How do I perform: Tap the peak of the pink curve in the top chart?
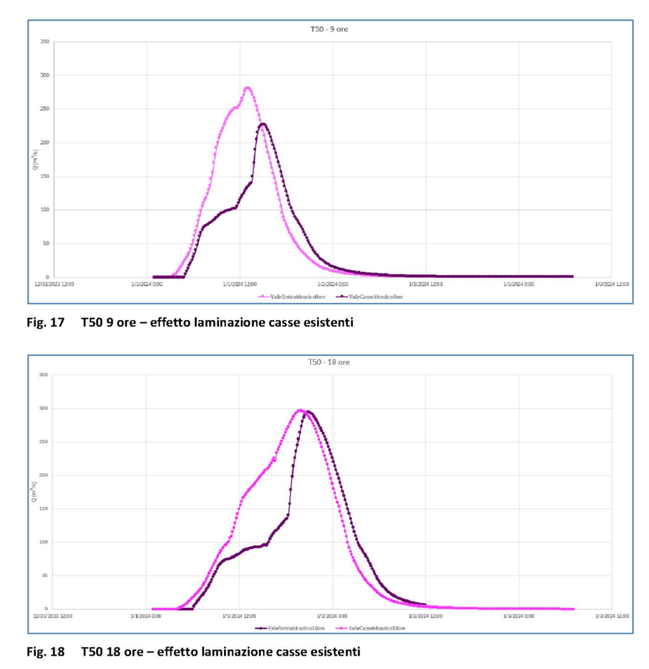(247, 87)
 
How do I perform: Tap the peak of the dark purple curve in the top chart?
(263, 124)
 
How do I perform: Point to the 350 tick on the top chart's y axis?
(44, 42)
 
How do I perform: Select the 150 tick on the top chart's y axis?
(44, 176)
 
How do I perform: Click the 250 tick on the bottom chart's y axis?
(44, 442)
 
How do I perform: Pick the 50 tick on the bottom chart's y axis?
(44, 575)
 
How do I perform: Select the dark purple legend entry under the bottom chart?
(289, 627)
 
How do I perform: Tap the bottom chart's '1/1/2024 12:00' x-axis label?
(238, 616)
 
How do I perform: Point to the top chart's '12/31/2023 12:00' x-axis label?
(54, 284)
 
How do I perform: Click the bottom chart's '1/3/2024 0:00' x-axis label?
(518, 616)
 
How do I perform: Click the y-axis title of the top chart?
(35, 160)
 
